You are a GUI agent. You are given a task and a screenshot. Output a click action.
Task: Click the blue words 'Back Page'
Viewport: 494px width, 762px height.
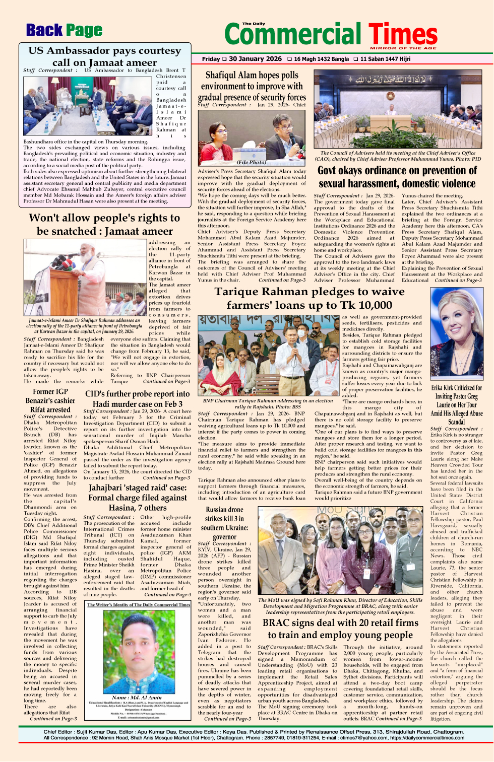pyautogui.click(x=64, y=31)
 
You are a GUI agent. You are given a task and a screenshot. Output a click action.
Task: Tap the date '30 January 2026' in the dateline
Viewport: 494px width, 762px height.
pyautogui.click(x=255, y=59)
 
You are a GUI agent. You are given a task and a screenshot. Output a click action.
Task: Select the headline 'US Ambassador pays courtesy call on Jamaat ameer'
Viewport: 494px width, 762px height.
pyautogui.click(x=104, y=56)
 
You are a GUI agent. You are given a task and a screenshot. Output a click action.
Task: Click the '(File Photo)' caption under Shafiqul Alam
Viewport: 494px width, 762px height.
pyautogui.click(x=252, y=162)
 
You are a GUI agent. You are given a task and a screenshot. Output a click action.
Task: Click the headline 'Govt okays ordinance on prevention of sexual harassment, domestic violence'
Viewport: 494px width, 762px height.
pyautogui.click(x=397, y=177)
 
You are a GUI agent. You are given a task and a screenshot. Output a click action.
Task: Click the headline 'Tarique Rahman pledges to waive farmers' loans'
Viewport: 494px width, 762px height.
pyautogui.click(x=310, y=298)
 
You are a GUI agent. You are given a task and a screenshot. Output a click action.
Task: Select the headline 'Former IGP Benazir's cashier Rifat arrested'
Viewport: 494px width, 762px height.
pyautogui.click(x=50, y=400)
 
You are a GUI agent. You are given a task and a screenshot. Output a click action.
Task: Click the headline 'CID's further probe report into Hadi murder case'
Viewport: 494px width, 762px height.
pyautogui.click(x=137, y=398)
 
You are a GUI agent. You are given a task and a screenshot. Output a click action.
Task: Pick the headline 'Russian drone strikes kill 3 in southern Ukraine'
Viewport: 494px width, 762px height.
pyautogui.click(x=224, y=523)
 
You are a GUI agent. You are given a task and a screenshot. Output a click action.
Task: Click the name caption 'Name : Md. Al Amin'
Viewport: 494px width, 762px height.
pyautogui.click(x=138, y=698)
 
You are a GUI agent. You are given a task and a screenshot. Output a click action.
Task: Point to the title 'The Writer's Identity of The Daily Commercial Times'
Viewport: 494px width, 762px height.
pyautogui.click(x=139, y=605)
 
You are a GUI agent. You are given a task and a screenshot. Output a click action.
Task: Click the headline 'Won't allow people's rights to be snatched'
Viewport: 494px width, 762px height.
pyautogui.click(x=104, y=224)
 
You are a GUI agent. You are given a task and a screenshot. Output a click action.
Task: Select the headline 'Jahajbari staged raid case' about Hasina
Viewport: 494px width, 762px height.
pyautogui.click(x=138, y=498)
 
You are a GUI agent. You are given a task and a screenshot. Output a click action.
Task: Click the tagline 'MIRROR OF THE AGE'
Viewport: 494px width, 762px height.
pyautogui.click(x=403, y=48)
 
